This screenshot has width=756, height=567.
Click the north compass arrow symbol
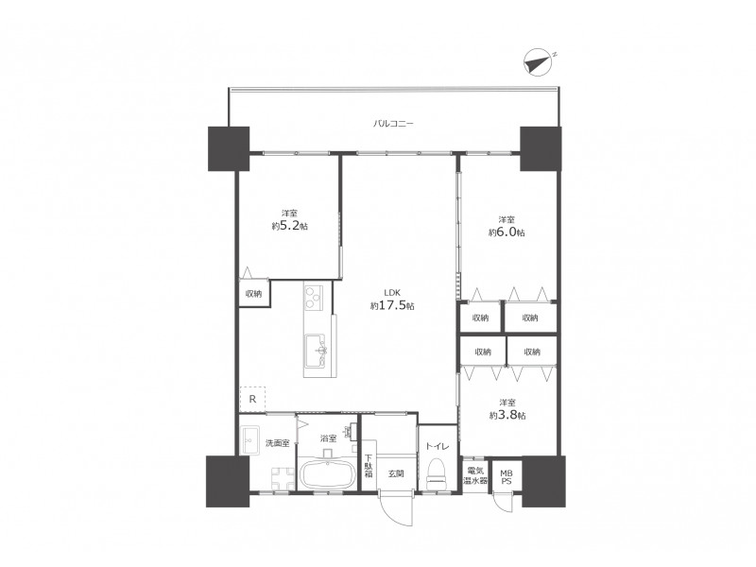click(538, 62)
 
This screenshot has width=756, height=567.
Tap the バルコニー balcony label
click(393, 124)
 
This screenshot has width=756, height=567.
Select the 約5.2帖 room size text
click(290, 225)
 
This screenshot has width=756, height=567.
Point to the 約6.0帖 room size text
click(507, 232)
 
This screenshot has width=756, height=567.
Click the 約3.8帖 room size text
click(507, 415)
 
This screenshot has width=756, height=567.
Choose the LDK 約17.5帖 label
click(392, 300)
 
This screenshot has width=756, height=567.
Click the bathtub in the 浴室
click(328, 473)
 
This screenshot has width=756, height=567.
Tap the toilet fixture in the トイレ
click(438, 474)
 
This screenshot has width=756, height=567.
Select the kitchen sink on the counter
click(315, 350)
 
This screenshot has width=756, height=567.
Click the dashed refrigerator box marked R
click(252, 399)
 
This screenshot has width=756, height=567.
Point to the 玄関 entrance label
click(396, 474)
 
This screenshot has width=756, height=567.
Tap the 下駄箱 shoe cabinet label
click(369, 466)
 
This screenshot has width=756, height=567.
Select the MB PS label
click(507, 477)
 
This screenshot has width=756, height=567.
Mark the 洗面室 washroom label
click(278, 443)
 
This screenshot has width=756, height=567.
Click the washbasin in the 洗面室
click(249, 439)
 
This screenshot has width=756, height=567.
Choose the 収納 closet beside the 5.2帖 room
click(254, 293)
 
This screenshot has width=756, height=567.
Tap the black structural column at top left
click(229, 148)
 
